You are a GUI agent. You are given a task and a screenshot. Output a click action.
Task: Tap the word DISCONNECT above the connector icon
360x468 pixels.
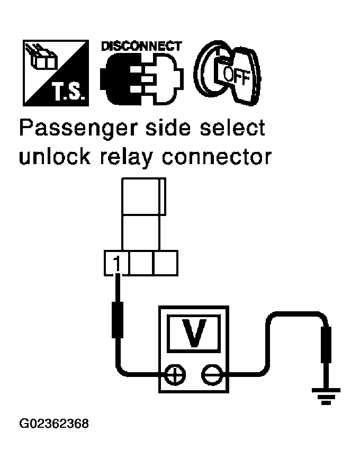141,46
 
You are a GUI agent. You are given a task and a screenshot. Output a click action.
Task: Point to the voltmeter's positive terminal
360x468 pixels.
173,375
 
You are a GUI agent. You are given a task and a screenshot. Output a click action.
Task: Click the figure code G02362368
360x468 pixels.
54,424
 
